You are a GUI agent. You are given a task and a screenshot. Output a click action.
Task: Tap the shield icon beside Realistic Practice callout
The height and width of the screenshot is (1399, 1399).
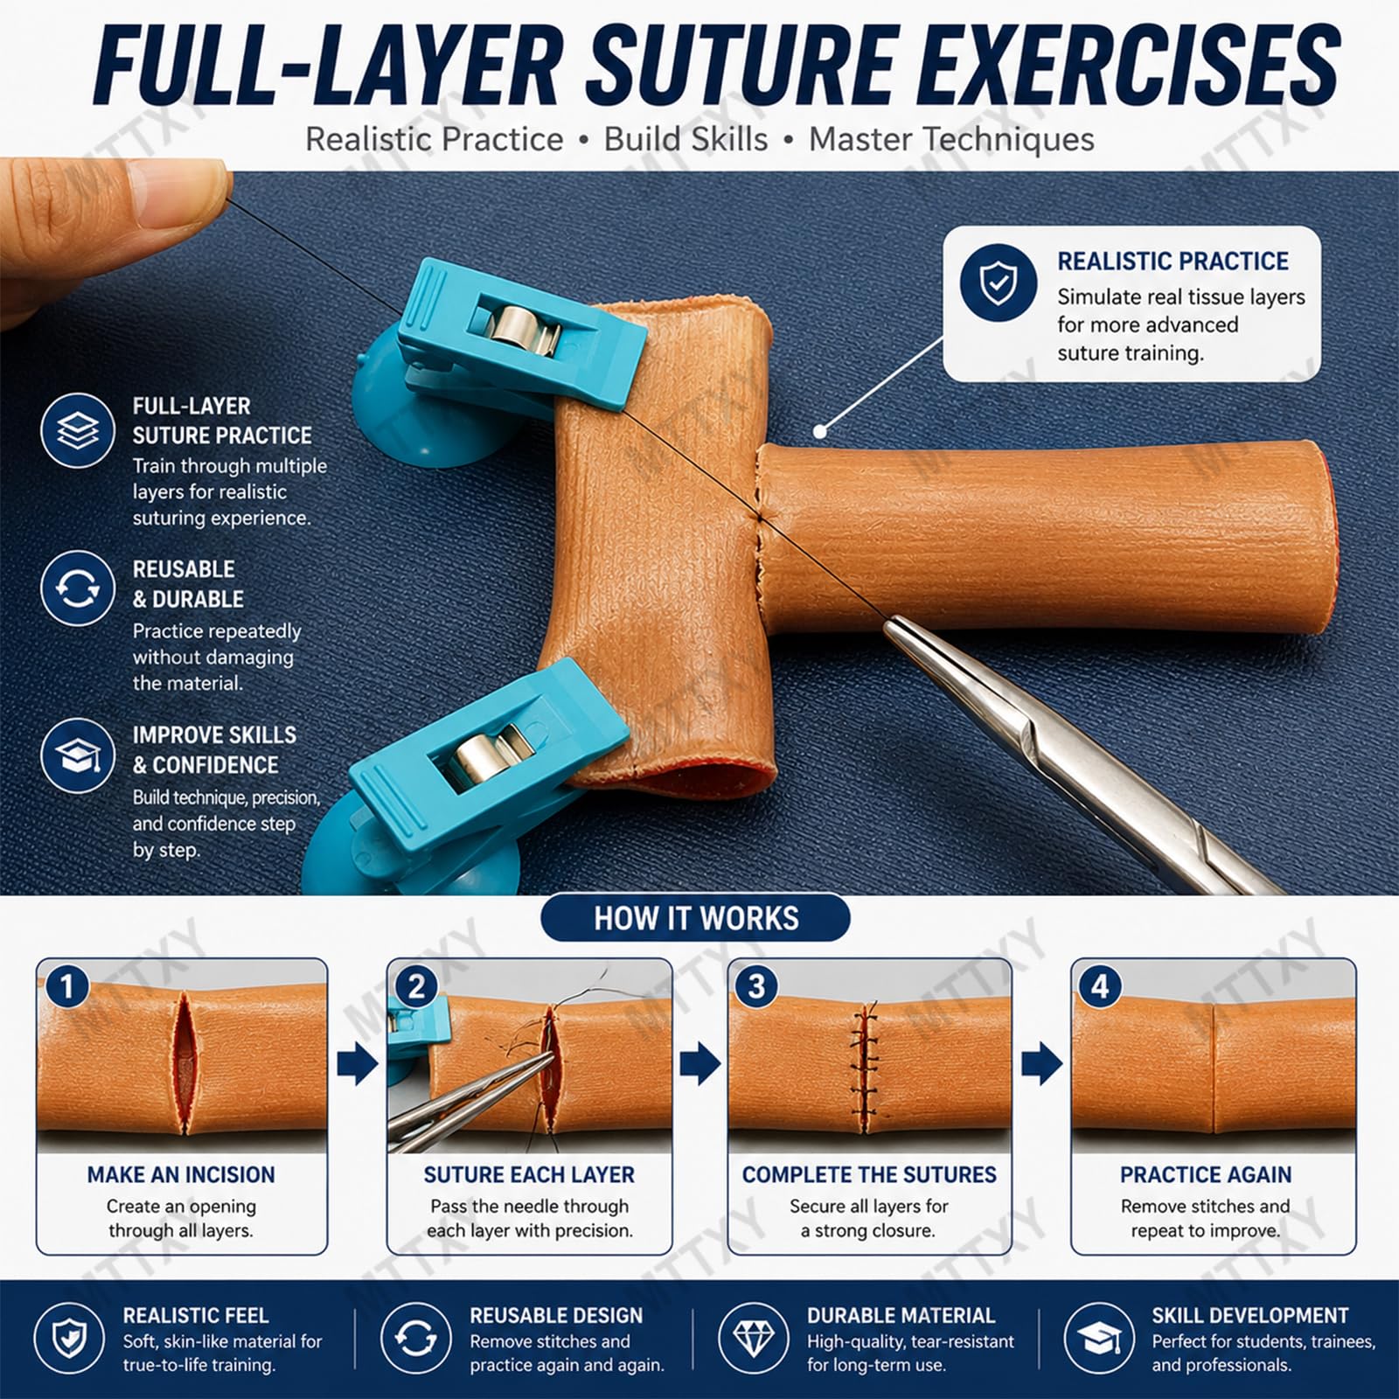coord(998,283)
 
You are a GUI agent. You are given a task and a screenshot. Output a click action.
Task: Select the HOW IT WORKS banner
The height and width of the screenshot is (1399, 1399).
coord(696,918)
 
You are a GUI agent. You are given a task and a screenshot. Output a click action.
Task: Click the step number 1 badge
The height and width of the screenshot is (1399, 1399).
coord(66,986)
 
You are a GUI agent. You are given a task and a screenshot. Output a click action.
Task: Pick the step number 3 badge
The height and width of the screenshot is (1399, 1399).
coord(757,986)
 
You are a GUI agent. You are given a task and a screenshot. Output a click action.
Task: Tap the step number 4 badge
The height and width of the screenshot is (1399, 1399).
coord(1100,986)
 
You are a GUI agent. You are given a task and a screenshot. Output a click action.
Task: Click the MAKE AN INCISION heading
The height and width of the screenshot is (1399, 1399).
coord(181,1174)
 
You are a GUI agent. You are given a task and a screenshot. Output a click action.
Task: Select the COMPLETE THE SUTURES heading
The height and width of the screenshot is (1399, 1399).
coord(869,1174)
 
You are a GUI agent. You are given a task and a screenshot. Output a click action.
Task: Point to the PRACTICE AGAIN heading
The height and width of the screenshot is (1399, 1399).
coord(1206,1174)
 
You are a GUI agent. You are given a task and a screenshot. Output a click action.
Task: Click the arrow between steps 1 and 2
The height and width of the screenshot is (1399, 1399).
coord(357,1064)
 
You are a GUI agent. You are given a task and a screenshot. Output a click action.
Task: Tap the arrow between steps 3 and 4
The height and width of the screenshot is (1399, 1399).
coord(1042,1064)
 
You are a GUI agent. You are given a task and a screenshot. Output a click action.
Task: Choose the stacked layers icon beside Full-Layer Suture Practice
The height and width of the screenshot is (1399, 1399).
coord(77,430)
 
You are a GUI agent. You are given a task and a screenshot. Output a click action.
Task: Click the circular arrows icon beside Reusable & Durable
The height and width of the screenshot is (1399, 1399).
coord(77,588)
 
